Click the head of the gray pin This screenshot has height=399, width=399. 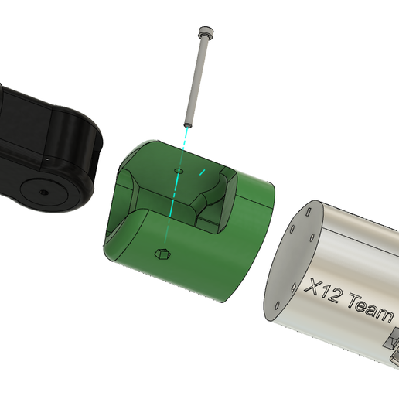pos(205,32)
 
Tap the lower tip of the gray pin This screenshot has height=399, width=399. pos(187,124)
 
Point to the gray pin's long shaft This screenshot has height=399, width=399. pos(196,77)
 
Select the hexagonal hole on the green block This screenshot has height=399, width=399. pos(162,253)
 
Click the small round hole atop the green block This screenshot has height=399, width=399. pos(179,168)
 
